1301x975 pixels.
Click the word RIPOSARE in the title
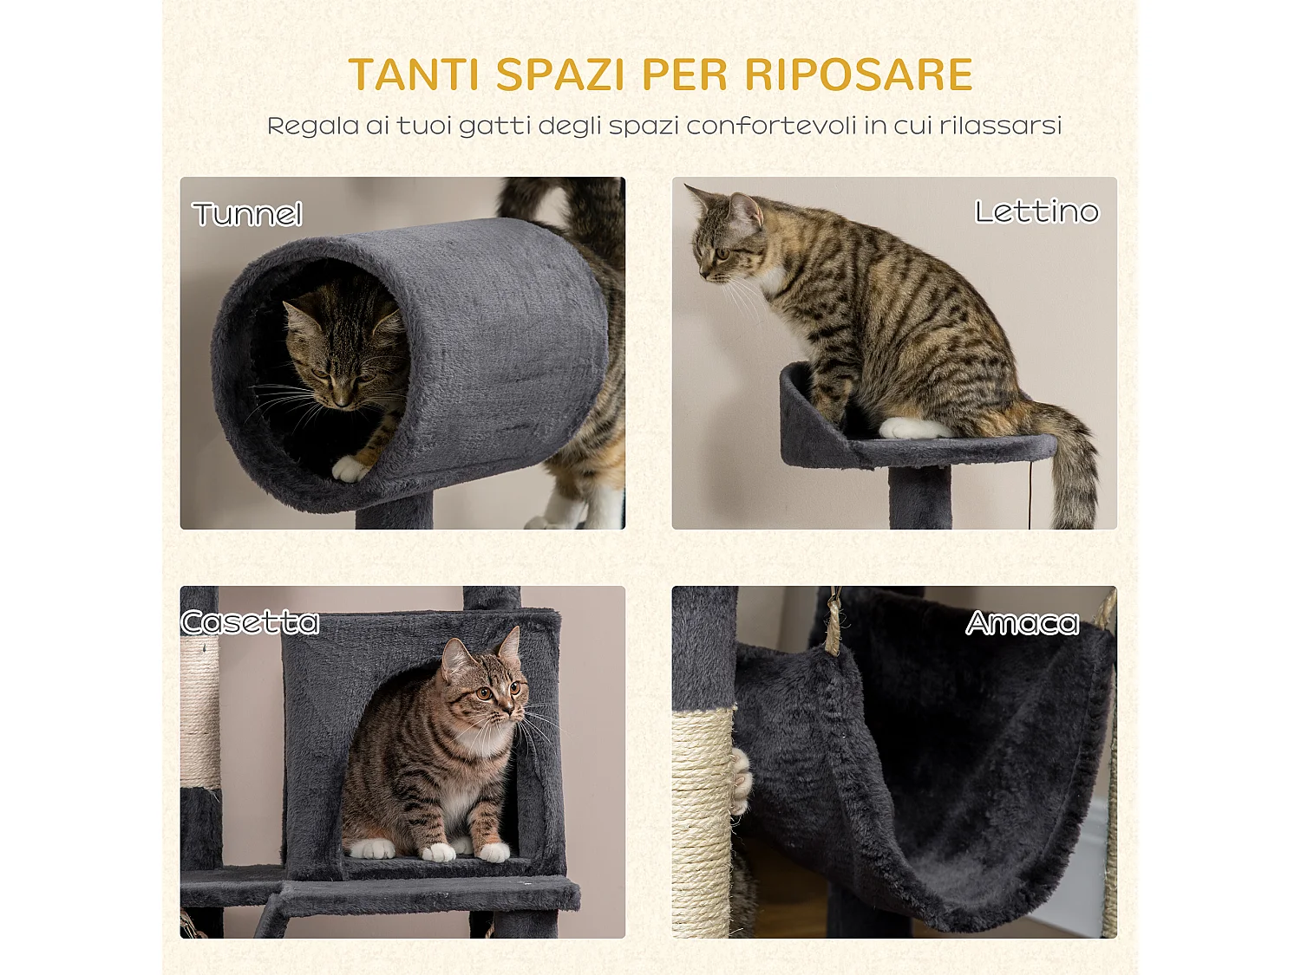click(858, 75)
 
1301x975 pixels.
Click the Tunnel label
click(247, 214)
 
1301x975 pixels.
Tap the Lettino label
click(1036, 211)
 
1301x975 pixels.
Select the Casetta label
click(251, 622)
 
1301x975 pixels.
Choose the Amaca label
click(1023, 623)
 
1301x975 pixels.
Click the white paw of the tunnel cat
click(350, 469)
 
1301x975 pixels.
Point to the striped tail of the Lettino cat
click(1073, 468)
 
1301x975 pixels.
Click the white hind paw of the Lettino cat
click(911, 428)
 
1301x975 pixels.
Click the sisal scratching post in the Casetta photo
click(199, 711)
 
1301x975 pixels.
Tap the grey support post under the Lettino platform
click(919, 497)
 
